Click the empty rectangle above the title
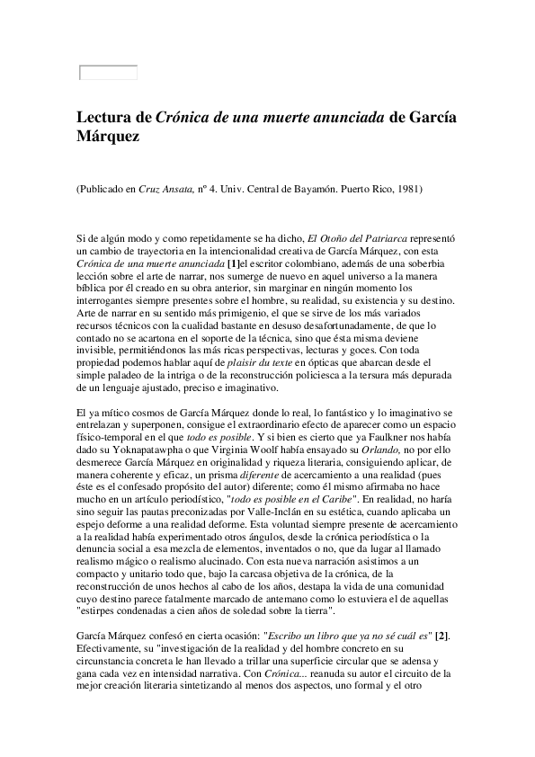109,73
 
